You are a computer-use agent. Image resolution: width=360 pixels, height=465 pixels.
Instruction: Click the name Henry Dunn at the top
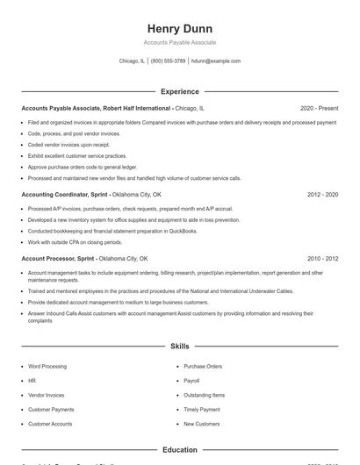(179, 28)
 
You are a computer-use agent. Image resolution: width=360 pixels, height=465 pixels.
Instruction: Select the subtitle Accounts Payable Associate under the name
(179, 42)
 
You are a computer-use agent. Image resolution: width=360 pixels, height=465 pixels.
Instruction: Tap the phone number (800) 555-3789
(168, 61)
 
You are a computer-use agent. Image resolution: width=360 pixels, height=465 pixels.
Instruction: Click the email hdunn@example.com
(215, 61)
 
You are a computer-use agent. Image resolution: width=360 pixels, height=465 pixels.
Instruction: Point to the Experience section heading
(179, 91)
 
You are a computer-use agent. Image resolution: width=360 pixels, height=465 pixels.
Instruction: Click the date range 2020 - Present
(319, 108)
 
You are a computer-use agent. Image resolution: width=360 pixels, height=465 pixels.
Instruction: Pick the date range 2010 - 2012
(322, 259)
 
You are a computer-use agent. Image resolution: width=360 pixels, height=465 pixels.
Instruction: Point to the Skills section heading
(179, 347)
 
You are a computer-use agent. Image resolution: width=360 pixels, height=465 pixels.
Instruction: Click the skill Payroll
(191, 381)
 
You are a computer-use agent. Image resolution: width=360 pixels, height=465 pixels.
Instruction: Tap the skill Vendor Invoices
(47, 395)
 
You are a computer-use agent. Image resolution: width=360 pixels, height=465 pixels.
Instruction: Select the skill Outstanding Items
(204, 395)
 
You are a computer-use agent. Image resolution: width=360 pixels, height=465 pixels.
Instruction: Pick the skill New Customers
(201, 424)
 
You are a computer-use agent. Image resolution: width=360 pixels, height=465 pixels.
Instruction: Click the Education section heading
(179, 450)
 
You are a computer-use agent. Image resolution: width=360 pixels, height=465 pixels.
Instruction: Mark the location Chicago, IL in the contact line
(132, 61)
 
